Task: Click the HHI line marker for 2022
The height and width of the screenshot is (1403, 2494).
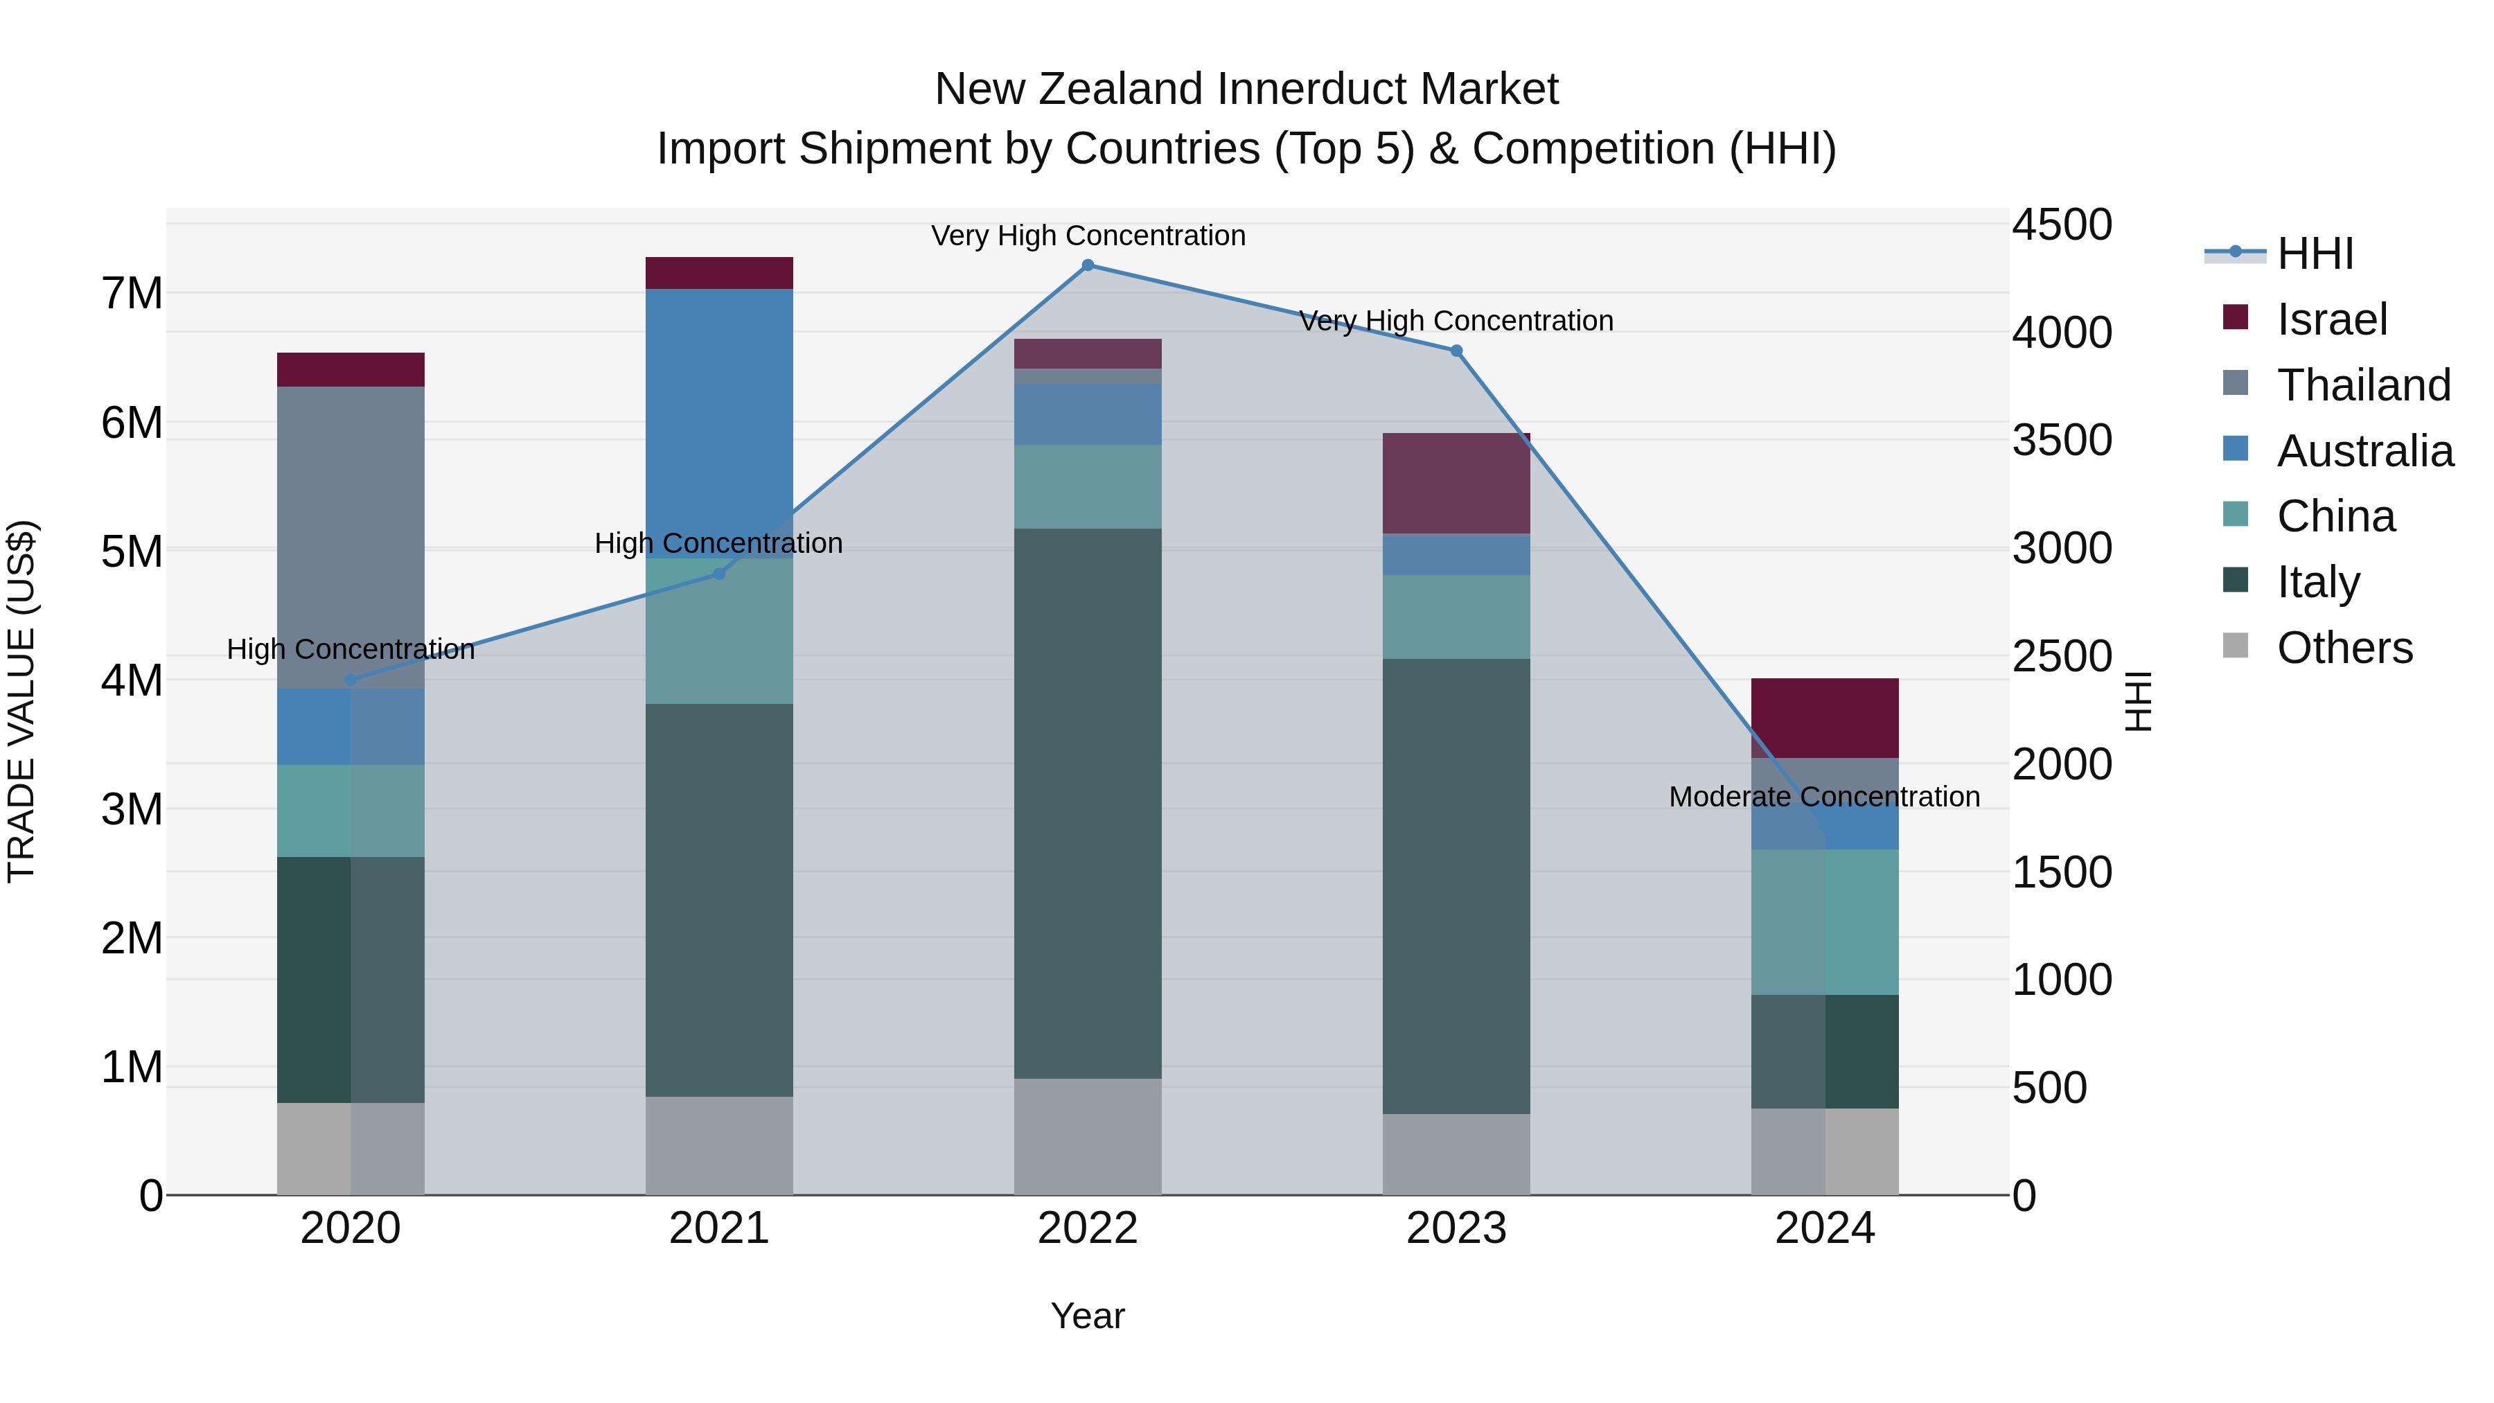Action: (x=1087, y=265)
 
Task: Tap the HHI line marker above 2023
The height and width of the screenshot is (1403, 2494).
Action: (x=1456, y=351)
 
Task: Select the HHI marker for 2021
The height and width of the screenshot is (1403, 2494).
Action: (x=718, y=574)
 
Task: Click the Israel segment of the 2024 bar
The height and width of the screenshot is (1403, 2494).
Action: (x=1824, y=718)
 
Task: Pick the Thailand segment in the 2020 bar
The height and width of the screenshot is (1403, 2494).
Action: (x=351, y=538)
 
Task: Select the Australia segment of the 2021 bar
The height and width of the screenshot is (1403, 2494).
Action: (x=718, y=423)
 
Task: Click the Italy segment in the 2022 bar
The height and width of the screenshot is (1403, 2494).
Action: (x=1087, y=803)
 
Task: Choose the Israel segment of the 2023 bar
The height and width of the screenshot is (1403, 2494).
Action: (x=1456, y=483)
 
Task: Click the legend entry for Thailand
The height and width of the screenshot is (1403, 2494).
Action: (x=2362, y=385)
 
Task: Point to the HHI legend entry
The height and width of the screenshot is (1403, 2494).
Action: (x=2314, y=254)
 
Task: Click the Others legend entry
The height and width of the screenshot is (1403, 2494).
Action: (x=2343, y=648)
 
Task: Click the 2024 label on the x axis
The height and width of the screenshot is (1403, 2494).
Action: (x=1824, y=1228)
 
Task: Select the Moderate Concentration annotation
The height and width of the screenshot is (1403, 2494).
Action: (x=1824, y=797)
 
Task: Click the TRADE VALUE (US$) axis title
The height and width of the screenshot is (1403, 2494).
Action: (x=21, y=701)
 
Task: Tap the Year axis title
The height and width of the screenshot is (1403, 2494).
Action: (x=1087, y=1316)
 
